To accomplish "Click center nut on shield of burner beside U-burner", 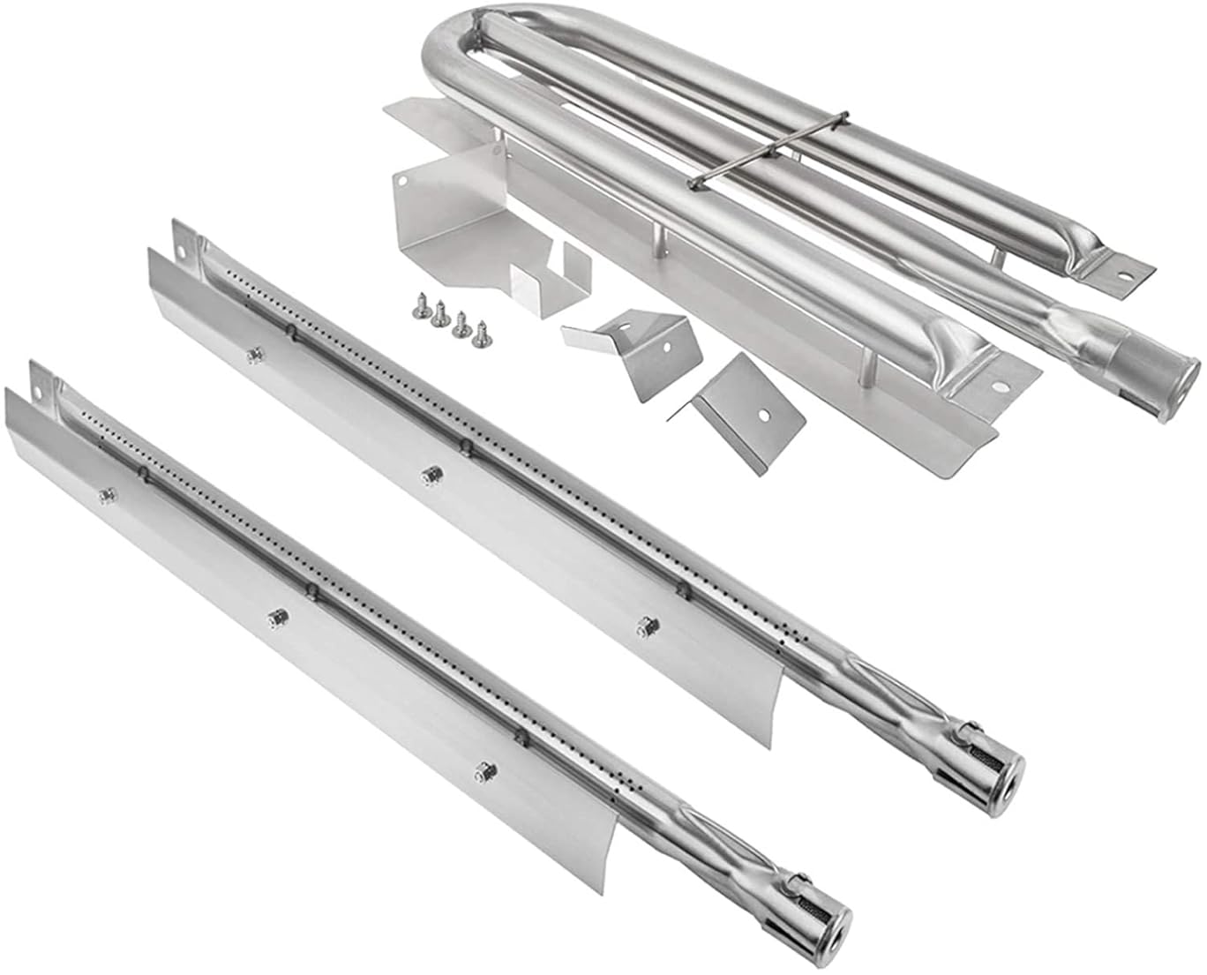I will click(431, 475).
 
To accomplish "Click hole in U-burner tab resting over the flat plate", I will click(1002, 386).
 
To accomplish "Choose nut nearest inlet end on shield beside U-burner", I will click(647, 625).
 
